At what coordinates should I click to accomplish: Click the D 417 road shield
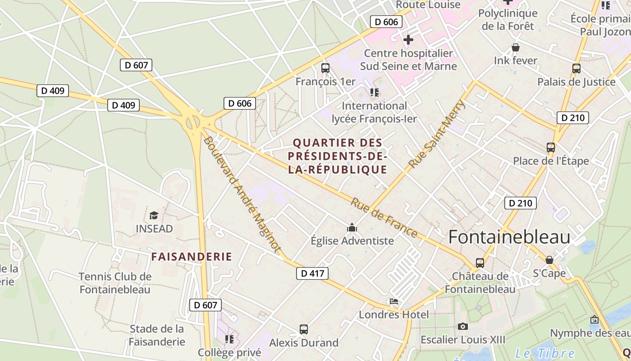(x=312, y=273)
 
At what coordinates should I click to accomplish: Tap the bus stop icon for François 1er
(x=325, y=68)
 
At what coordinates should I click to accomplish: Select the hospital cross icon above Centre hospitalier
(x=408, y=40)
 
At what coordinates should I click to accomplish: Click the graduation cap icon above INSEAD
(x=154, y=215)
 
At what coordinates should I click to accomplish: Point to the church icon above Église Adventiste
(x=352, y=227)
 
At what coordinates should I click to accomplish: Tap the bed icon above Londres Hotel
(x=394, y=301)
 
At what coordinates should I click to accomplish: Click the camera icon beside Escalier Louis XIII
(x=462, y=326)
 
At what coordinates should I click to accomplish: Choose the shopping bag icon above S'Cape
(x=549, y=260)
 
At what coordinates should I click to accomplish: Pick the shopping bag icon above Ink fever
(x=516, y=47)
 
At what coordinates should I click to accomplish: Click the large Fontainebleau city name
(x=509, y=237)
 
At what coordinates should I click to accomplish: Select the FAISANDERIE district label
(x=192, y=257)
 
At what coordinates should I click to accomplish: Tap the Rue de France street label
(x=384, y=218)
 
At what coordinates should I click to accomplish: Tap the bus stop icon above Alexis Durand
(x=304, y=329)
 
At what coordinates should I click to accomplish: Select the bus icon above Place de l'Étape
(x=550, y=148)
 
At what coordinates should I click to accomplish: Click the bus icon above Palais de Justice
(x=576, y=69)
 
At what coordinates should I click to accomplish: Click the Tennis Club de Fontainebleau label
(x=115, y=283)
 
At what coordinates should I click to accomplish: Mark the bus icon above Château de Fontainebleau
(x=480, y=263)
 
